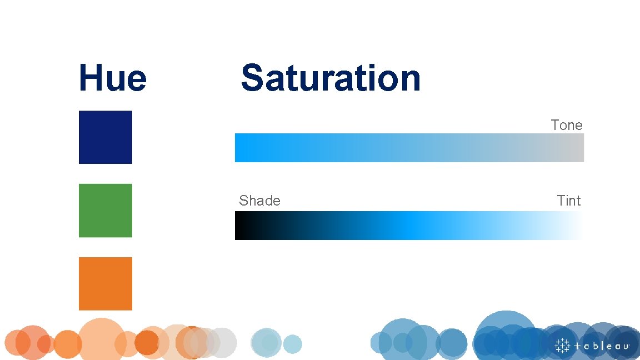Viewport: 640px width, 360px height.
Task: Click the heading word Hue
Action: coord(113,78)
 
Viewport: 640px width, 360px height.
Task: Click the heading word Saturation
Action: coord(331,78)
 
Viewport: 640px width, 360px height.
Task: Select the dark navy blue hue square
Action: coord(106,137)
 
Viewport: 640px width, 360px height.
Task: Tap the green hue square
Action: coord(106,211)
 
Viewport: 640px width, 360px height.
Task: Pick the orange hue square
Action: coord(106,283)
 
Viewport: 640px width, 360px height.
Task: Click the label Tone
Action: coord(567,126)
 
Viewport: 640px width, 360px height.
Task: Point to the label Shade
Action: coord(259,201)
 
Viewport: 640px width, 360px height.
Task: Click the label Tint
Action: coord(569,201)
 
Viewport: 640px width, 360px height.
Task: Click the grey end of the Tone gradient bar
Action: coord(575,148)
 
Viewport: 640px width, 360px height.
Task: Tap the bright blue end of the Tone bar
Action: coord(244,148)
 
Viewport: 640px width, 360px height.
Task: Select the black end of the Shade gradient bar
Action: coord(242,226)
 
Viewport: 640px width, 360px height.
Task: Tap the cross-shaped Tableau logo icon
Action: coord(563,346)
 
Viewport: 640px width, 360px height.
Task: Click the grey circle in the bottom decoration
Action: coord(222,343)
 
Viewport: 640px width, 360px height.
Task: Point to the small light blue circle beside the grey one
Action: coord(292,344)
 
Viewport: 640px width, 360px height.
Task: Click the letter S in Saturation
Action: coord(253,78)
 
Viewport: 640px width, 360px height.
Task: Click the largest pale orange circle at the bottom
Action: coord(102,340)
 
